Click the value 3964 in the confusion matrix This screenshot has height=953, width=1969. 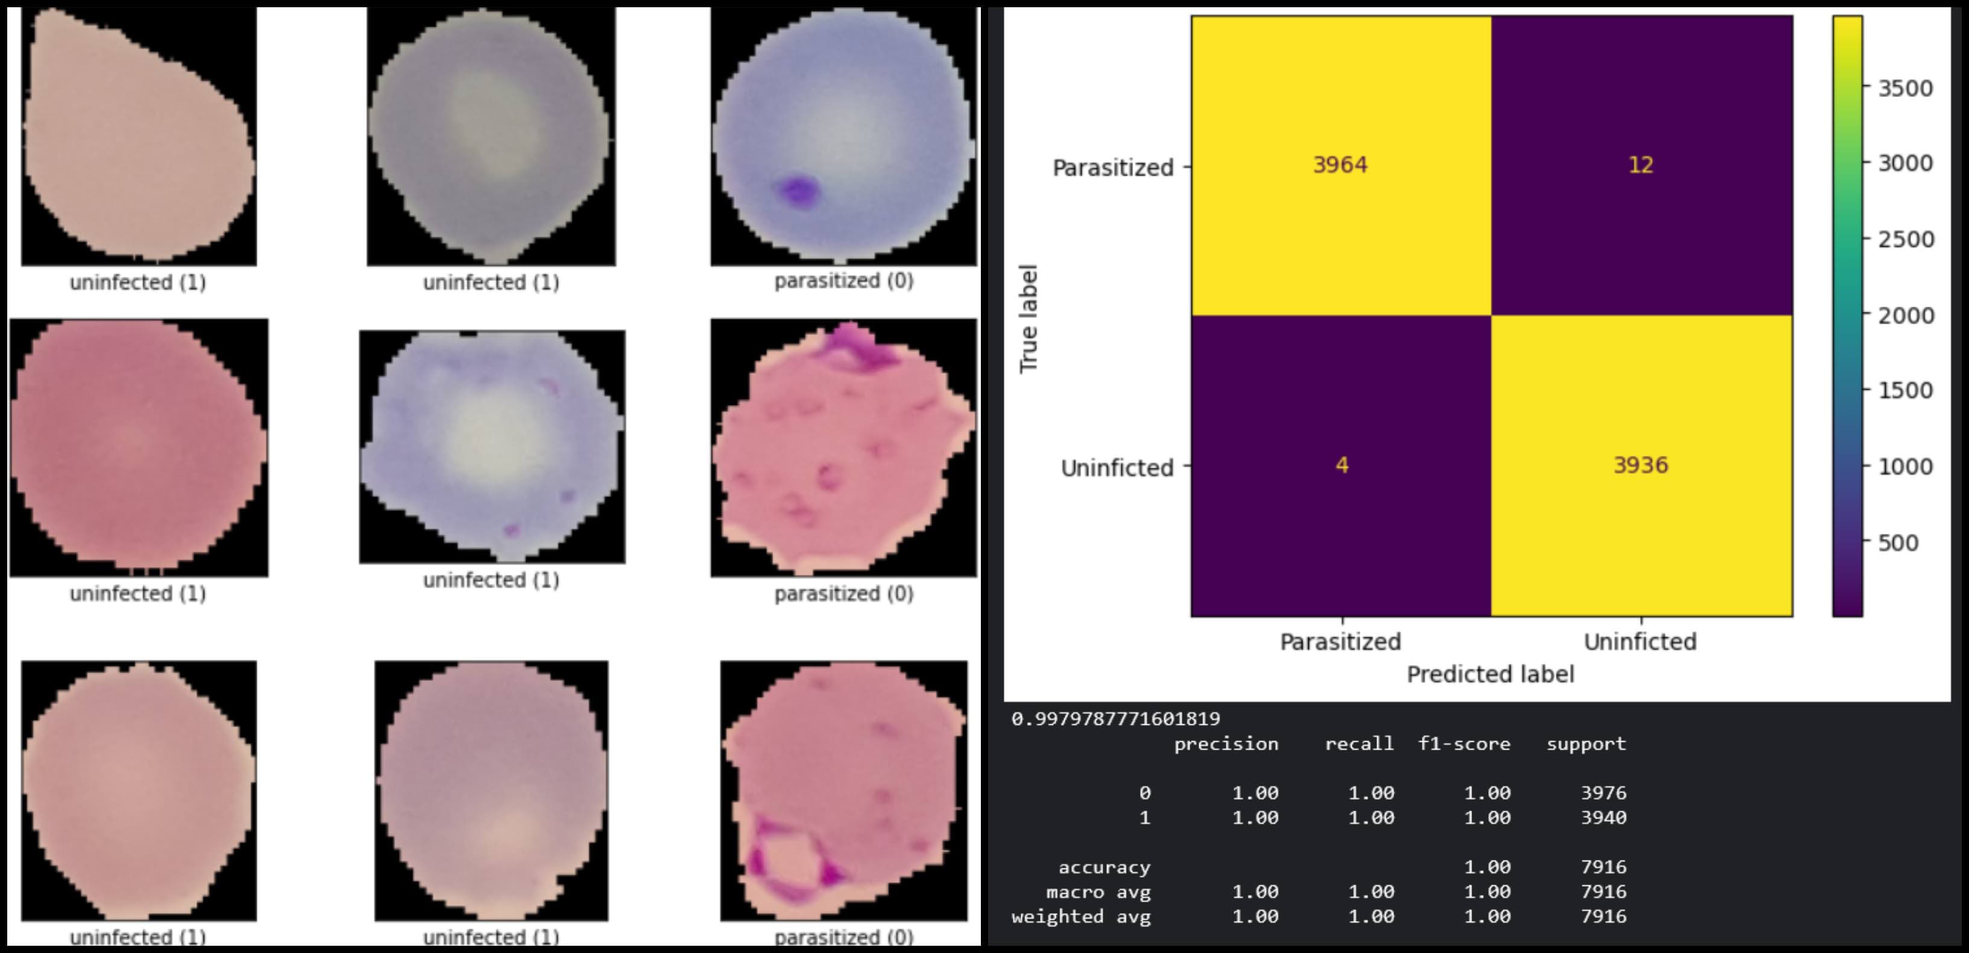[1340, 165]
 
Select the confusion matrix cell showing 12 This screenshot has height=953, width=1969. [1640, 165]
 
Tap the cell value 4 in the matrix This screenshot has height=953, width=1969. [1342, 465]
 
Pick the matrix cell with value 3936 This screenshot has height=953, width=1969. [1640, 465]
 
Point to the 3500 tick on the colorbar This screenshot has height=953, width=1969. [1905, 88]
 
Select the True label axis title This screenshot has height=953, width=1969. [1029, 318]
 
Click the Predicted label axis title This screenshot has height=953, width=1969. [1490, 674]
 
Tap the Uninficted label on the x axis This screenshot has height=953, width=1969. [1640, 641]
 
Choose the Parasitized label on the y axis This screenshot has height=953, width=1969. [1112, 168]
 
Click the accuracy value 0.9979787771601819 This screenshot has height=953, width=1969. [1115, 718]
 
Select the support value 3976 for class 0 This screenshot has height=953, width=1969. [1603, 792]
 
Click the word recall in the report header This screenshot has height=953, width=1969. [1359, 744]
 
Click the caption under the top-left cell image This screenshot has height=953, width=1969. [138, 282]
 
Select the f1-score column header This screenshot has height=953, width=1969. [1463, 744]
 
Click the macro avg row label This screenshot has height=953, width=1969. [1098, 892]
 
